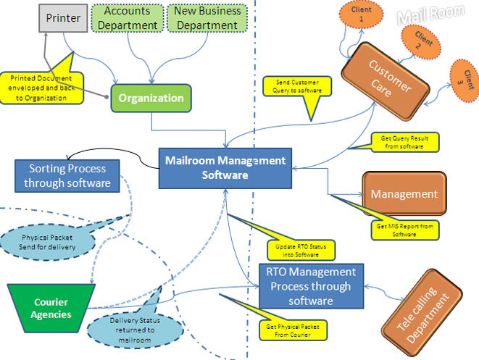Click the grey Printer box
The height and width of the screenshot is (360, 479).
click(x=63, y=18)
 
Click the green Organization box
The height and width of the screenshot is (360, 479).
click(x=151, y=98)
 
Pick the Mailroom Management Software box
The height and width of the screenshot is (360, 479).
click(x=225, y=168)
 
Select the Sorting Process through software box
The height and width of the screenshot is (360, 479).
click(x=67, y=176)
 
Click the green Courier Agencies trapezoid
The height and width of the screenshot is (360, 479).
click(x=52, y=309)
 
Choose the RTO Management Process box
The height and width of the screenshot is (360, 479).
click(x=310, y=286)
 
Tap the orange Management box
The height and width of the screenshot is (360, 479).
click(x=404, y=194)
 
